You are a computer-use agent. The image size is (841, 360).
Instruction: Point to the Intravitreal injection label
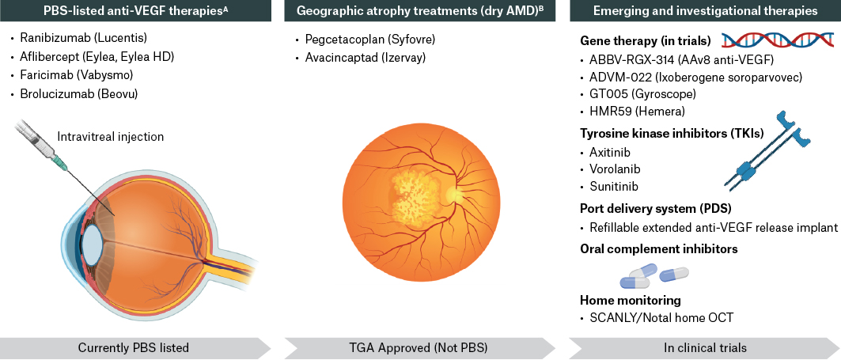(111, 137)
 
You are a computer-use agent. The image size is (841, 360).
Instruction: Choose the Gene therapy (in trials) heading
(646, 41)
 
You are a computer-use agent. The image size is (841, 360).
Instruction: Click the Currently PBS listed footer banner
(134, 347)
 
